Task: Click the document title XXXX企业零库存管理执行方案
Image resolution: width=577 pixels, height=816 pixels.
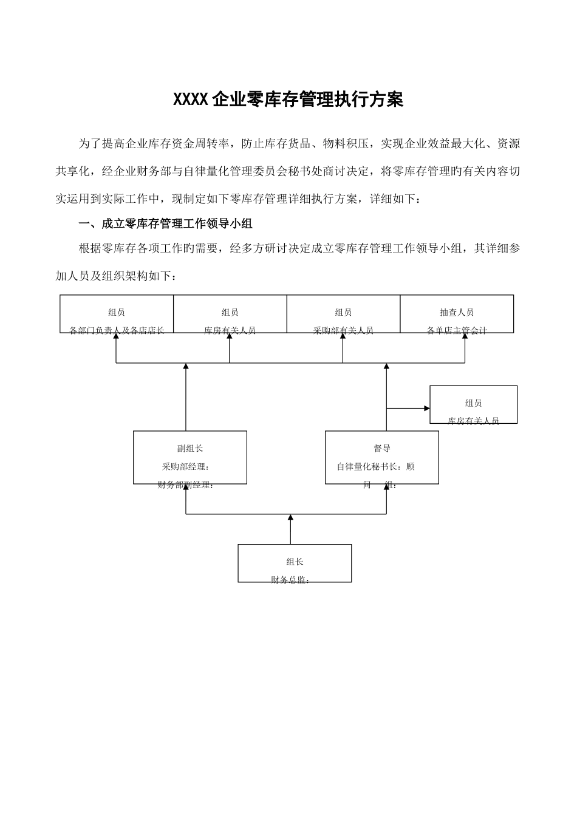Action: tap(288, 100)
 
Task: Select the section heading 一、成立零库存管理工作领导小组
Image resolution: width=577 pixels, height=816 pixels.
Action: tap(166, 224)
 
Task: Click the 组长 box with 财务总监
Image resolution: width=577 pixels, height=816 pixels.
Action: tap(295, 563)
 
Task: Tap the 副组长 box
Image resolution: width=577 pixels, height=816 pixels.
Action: tap(190, 457)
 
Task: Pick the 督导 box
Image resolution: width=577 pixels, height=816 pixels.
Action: tap(382, 457)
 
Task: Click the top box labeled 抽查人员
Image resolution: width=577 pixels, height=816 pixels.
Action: tap(457, 314)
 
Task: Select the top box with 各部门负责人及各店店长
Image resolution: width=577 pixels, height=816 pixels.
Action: tap(117, 314)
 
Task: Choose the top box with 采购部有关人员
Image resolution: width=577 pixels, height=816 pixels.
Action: tap(343, 314)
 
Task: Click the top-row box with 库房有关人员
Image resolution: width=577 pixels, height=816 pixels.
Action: tap(230, 314)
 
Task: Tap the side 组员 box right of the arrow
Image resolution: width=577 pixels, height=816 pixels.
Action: tap(474, 404)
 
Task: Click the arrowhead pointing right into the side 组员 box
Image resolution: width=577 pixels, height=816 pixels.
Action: tap(426, 408)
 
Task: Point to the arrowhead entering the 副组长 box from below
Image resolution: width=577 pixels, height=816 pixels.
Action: tap(186, 488)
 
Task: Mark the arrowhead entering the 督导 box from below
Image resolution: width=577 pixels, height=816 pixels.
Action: tap(386, 488)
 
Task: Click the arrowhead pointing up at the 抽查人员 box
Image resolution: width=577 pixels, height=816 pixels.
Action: tap(465, 337)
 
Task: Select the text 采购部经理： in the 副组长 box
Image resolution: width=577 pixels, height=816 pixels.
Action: tap(186, 467)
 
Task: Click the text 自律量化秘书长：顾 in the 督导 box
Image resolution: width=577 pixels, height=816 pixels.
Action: tap(376, 467)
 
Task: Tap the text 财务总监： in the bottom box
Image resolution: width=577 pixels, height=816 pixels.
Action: tap(290, 580)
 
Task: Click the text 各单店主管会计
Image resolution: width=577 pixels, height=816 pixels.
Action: tap(457, 331)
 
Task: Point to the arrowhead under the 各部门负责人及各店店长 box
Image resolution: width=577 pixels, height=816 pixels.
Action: tap(116, 337)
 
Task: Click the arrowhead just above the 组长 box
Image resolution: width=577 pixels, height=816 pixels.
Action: tap(290, 518)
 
